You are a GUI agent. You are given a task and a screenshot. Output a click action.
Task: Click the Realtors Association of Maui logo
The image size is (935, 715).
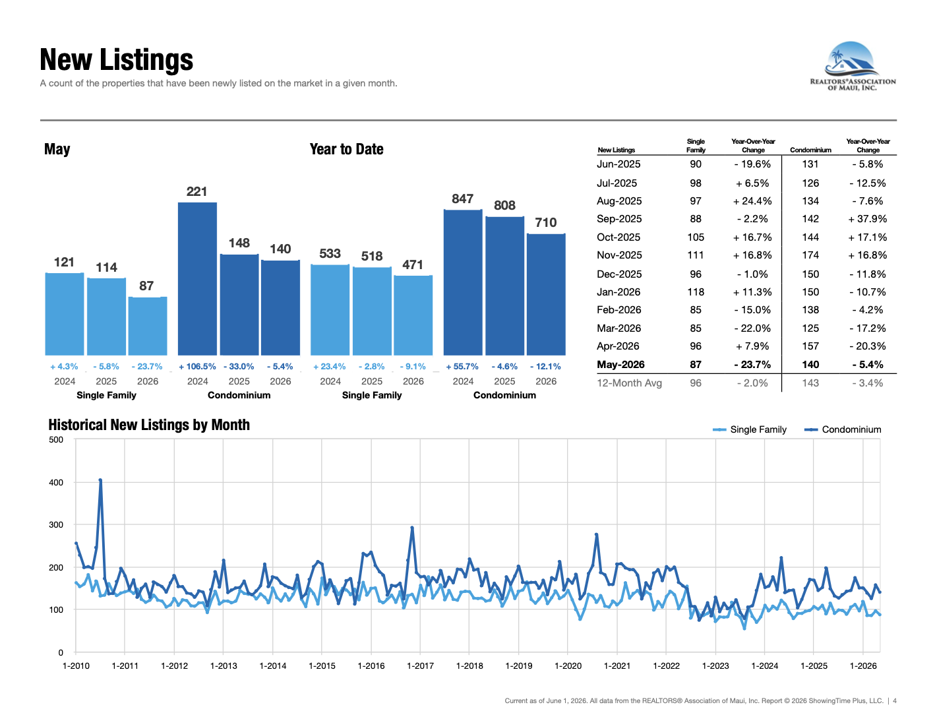[853, 66]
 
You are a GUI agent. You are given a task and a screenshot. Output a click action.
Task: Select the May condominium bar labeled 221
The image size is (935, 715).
[197, 278]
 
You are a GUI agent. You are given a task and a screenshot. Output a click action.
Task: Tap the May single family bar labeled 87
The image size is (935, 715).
[148, 326]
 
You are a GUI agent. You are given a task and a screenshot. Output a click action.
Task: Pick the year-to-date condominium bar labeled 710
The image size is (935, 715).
[546, 294]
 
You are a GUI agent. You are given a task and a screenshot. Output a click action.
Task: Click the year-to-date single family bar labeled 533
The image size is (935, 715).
[330, 310]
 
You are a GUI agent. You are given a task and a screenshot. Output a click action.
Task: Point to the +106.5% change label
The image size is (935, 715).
[197, 367]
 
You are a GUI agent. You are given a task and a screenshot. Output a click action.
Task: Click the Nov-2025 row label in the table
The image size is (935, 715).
[619, 255]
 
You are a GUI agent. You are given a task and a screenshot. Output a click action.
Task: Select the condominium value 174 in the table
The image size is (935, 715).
[810, 255]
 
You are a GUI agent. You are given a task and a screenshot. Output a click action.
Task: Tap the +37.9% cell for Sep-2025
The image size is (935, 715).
[867, 219]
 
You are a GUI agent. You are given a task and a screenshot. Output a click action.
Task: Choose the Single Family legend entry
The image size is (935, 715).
[749, 429]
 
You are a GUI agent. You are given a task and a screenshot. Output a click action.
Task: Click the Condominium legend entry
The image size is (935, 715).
[843, 429]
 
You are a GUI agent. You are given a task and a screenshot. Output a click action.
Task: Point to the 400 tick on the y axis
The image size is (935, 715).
[56, 482]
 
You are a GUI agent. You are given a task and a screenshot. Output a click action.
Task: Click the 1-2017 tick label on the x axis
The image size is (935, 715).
[420, 666]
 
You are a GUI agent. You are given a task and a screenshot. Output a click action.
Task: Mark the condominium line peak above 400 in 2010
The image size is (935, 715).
[100, 480]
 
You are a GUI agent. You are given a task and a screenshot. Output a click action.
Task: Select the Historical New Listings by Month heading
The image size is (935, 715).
[149, 425]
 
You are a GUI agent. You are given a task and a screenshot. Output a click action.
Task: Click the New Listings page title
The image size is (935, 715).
[116, 59]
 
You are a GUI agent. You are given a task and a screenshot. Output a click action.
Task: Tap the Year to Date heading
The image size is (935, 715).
[346, 149]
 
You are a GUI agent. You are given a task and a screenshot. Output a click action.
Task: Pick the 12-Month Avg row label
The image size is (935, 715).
[629, 383]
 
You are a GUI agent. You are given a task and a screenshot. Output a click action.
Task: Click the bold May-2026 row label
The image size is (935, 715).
[620, 365]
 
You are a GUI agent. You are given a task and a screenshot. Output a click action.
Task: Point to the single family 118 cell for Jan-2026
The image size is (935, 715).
[695, 292]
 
